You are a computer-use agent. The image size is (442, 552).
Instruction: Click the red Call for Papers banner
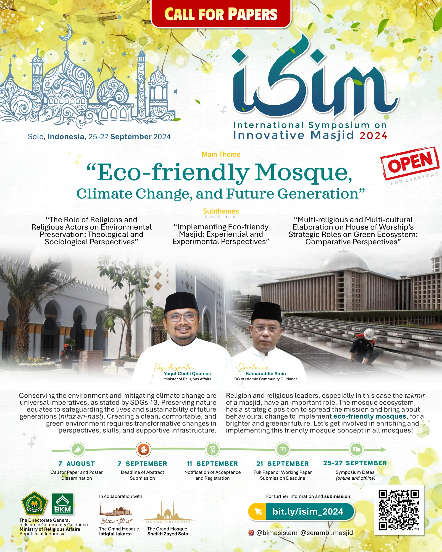point(221,14)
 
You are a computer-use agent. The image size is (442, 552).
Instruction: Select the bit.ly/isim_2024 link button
point(301,511)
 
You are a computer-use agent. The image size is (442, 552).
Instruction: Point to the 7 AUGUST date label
point(77,464)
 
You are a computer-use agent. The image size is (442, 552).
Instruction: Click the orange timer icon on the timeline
point(143,450)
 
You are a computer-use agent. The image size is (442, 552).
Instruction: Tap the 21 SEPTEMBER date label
point(283,464)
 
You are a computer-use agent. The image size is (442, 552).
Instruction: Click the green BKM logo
point(63,504)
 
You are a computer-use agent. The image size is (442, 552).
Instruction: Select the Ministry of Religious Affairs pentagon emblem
point(35,503)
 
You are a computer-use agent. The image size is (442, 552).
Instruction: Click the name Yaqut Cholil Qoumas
point(187,374)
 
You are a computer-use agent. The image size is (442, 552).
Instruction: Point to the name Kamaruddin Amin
point(266,374)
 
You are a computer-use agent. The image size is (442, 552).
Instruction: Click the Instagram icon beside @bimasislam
point(251,533)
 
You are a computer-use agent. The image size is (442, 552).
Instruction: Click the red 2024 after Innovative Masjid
point(373,136)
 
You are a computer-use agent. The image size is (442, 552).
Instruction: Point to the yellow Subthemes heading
point(221,211)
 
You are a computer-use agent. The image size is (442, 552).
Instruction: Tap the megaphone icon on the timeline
point(78,450)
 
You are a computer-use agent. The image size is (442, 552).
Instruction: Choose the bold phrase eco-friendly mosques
point(370,416)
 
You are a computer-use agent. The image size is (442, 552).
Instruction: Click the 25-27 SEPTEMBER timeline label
point(355,463)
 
